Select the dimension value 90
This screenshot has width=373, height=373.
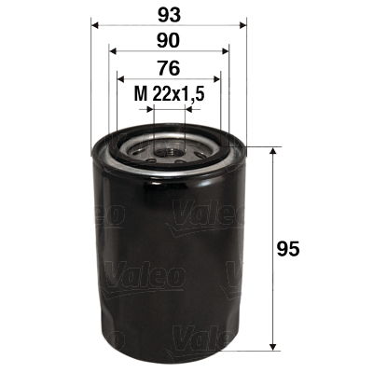[168, 42]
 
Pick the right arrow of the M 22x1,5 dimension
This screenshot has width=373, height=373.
[186, 108]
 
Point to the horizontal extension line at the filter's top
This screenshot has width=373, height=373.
[261, 147]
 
